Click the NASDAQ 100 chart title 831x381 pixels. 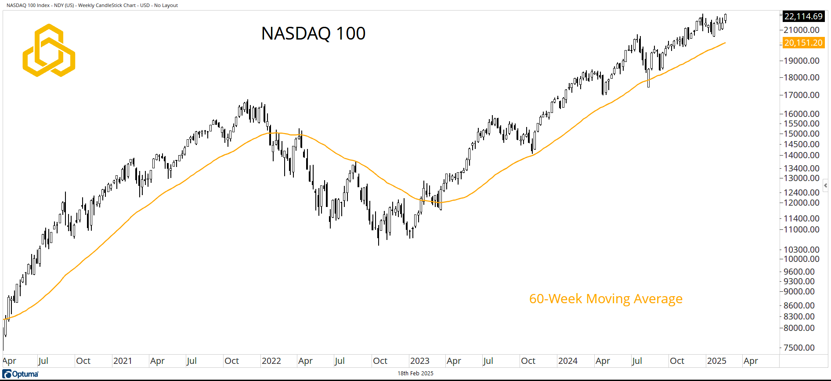pos(313,33)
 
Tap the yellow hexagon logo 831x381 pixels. pos(49,50)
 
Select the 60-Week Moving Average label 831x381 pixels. pos(605,299)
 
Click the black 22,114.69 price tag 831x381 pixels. pos(803,16)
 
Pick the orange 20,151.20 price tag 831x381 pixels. pos(803,43)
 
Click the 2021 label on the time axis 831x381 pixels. pos(123,361)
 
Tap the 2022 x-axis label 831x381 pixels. pos(271,361)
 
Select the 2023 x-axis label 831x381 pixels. pos(419,361)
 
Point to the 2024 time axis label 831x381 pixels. pos(567,361)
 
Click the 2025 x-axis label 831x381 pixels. pos(716,361)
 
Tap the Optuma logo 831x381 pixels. pos(21,374)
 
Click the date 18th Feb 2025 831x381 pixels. pos(415,374)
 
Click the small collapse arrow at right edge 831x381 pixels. pos(826,185)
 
